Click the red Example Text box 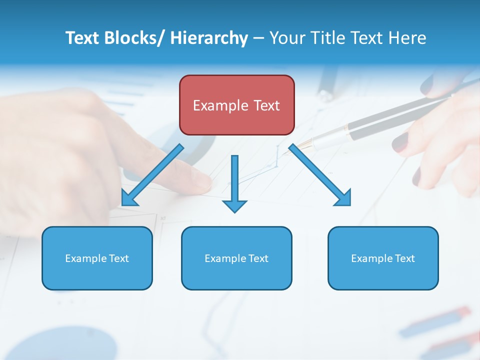tap(236, 105)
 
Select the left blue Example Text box tap(97, 258)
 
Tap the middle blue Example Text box tap(236, 258)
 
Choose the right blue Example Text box tap(383, 258)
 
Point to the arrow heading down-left tap(152, 175)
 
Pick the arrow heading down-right tap(319, 175)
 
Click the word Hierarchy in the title tap(209, 38)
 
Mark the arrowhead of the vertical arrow tap(234, 205)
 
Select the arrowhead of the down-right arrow tap(344, 198)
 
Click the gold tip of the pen tap(306, 145)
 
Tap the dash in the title tap(258, 38)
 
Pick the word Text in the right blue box tap(404, 258)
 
